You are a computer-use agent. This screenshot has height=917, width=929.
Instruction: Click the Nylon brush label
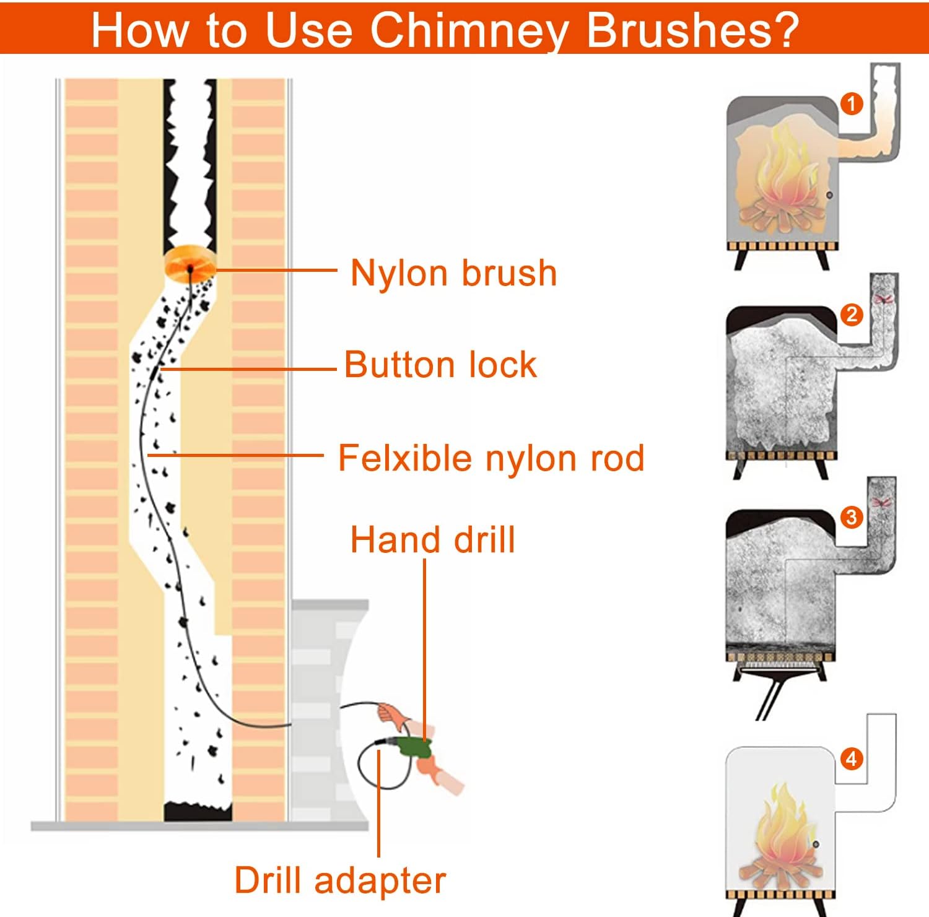pos(453,273)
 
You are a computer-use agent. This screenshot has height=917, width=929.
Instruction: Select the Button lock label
pos(440,364)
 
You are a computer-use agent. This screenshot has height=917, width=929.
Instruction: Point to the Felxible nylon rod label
pos(491,458)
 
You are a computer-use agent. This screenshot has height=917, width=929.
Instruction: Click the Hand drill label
pos(432,539)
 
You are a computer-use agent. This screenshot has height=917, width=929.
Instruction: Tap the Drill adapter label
pos(340,880)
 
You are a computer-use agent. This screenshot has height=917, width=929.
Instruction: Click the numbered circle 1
pos(852,103)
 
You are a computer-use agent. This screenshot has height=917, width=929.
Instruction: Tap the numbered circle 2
pos(852,315)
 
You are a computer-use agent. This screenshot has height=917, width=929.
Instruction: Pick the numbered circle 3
pos(852,516)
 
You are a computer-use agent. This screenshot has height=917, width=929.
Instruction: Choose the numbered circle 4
pos(852,758)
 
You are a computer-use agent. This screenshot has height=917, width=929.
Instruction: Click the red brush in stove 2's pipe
pos(884,298)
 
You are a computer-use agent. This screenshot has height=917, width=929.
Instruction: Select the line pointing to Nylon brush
pos(276,270)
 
